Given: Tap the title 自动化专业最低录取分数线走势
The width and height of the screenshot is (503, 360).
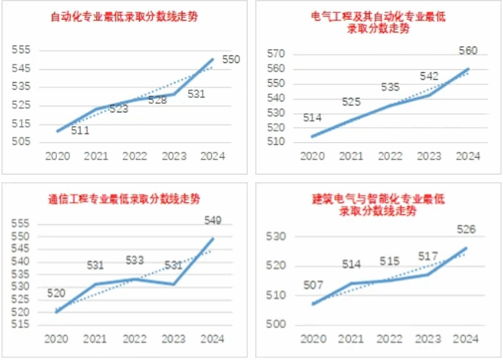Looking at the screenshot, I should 124,16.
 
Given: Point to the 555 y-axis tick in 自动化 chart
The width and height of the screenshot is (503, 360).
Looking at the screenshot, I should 21,49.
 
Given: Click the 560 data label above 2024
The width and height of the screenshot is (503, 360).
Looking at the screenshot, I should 468,51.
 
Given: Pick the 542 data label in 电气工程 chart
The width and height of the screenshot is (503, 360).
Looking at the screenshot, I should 429,76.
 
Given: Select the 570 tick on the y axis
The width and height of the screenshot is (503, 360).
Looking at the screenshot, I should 276,54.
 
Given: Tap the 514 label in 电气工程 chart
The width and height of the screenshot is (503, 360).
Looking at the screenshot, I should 313,118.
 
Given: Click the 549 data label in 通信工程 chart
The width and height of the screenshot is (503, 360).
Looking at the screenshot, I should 213,220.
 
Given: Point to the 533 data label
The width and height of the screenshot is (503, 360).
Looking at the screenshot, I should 134,260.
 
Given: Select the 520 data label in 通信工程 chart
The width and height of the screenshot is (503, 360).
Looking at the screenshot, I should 56,292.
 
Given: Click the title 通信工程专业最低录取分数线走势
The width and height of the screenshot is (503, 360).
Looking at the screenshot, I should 124,199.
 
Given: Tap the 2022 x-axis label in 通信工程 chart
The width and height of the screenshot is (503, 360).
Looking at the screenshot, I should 134,338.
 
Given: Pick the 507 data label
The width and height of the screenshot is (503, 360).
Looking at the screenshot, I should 313,286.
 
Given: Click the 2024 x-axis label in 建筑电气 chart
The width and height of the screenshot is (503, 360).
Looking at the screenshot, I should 467,338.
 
